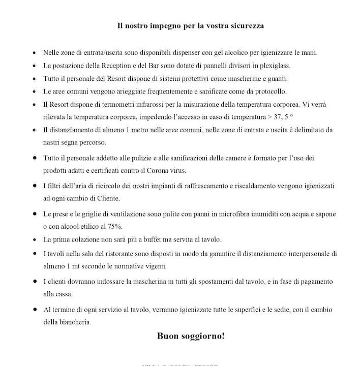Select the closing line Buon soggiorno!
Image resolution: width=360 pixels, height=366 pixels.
[191, 336]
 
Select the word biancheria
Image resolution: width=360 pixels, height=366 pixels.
[76, 322]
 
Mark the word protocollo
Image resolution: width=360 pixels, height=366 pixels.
[286, 91]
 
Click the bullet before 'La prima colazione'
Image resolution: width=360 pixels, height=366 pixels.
[34, 239]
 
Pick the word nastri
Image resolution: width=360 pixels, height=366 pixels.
[52, 142]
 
